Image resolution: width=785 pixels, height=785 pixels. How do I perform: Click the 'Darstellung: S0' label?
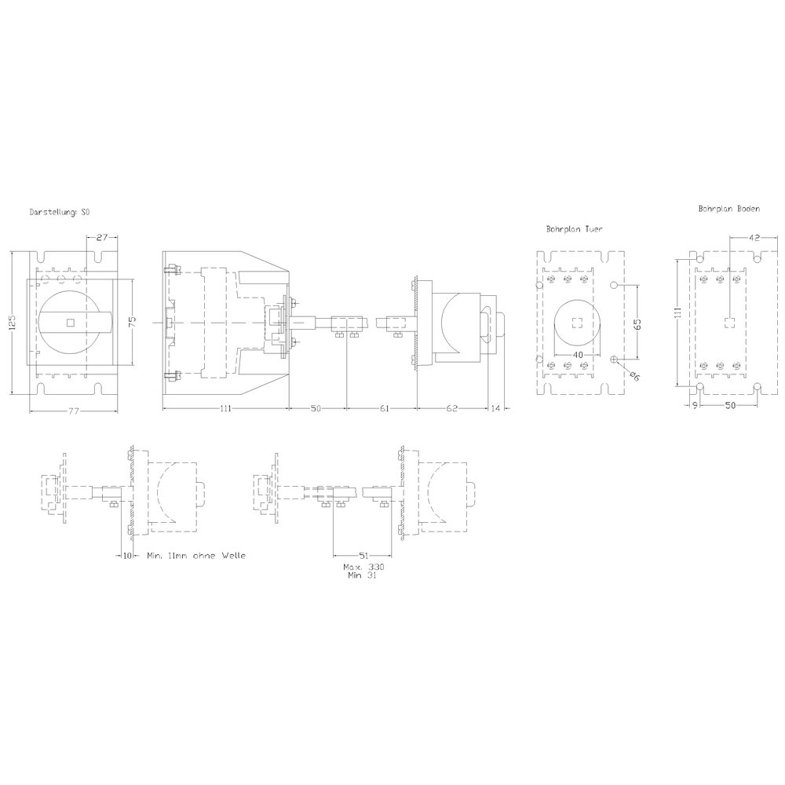[x=60, y=212]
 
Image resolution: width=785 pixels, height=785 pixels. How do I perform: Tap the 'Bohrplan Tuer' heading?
[x=575, y=228]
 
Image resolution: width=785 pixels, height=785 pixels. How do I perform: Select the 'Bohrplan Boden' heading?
[x=729, y=209]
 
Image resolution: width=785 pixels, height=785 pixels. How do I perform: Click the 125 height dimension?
[x=13, y=321]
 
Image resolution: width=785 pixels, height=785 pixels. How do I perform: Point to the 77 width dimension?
[x=74, y=411]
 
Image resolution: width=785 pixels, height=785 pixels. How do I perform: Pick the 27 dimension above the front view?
[x=101, y=237]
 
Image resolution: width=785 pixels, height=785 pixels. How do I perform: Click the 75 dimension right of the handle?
[x=132, y=322]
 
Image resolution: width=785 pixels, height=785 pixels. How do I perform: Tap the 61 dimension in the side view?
[x=384, y=408]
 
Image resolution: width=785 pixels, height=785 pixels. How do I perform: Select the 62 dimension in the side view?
[x=451, y=408]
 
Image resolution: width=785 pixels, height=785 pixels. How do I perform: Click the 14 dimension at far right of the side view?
[x=495, y=408]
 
